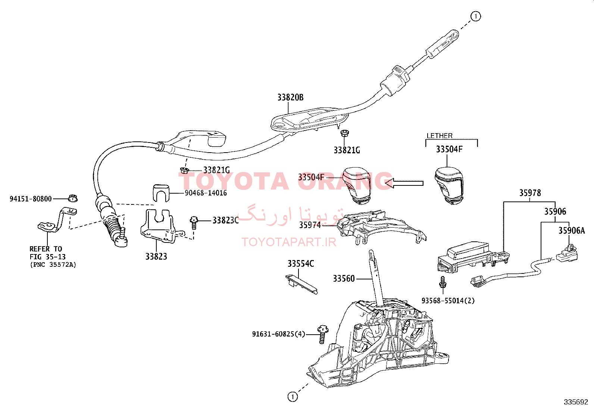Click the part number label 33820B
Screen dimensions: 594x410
point(290,98)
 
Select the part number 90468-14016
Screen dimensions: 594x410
point(206,193)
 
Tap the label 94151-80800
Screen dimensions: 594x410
point(31,199)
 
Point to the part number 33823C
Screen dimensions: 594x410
point(226,220)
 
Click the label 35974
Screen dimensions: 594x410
point(310,225)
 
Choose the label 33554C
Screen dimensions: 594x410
point(301,264)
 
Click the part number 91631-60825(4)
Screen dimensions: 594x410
point(279,334)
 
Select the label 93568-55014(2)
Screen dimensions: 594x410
point(448,300)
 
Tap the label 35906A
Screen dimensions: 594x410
point(572,231)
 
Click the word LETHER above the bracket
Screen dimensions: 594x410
point(440,136)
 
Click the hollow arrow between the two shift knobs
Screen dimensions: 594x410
point(404,183)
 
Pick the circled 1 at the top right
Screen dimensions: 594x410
point(475,16)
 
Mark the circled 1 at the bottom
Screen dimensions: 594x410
point(293,397)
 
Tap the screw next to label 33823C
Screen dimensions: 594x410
point(194,223)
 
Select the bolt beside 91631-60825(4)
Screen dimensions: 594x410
point(322,334)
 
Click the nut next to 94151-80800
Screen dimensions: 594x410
point(73,198)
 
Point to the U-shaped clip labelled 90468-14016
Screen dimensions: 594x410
point(161,193)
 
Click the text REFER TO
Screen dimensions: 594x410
point(46,249)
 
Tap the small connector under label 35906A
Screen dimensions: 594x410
point(566,253)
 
